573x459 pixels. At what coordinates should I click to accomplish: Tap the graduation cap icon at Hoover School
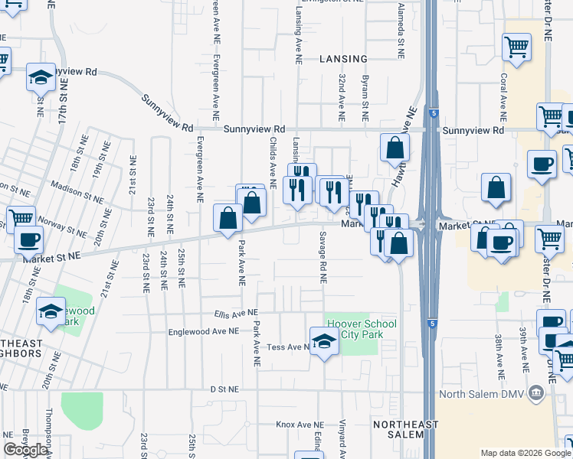pos(324,341)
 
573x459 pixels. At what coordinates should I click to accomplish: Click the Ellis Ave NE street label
pos(236,313)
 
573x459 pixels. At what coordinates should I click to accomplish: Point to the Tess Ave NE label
pos(288,347)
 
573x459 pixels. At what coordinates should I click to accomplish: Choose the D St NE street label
pos(224,389)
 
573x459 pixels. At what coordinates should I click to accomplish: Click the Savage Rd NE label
pos(323,258)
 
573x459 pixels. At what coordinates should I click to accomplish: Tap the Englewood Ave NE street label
pos(204,330)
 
